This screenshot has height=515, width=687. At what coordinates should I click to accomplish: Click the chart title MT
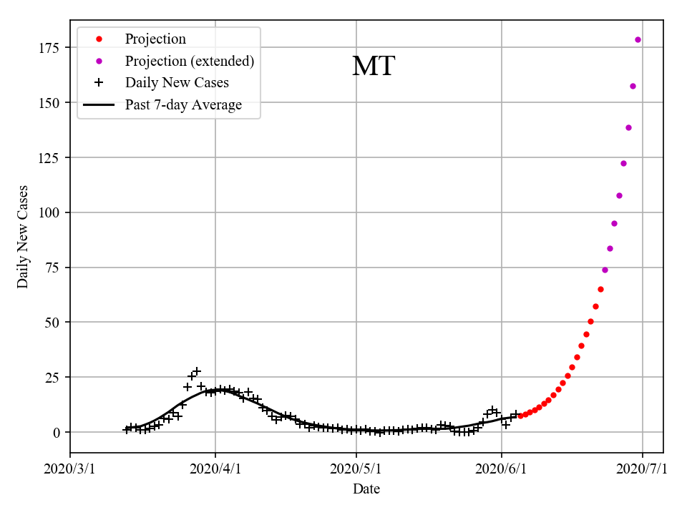[373, 67]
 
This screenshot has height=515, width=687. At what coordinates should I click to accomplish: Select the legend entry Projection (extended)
[189, 61]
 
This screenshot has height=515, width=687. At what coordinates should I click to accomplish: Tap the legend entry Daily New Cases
[177, 82]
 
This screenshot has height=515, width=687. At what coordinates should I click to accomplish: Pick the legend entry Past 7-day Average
[183, 104]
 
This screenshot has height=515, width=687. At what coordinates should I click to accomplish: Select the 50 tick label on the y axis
[51, 323]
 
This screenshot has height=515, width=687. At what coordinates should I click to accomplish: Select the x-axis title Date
[366, 489]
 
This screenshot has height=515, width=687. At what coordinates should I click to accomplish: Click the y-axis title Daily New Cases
[23, 237]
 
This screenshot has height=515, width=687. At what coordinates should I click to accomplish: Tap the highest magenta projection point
[638, 39]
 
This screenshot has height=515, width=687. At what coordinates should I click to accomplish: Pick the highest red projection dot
[600, 289]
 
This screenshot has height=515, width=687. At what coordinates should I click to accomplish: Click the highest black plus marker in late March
[197, 371]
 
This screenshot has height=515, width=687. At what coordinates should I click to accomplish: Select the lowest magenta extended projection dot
[605, 270]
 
